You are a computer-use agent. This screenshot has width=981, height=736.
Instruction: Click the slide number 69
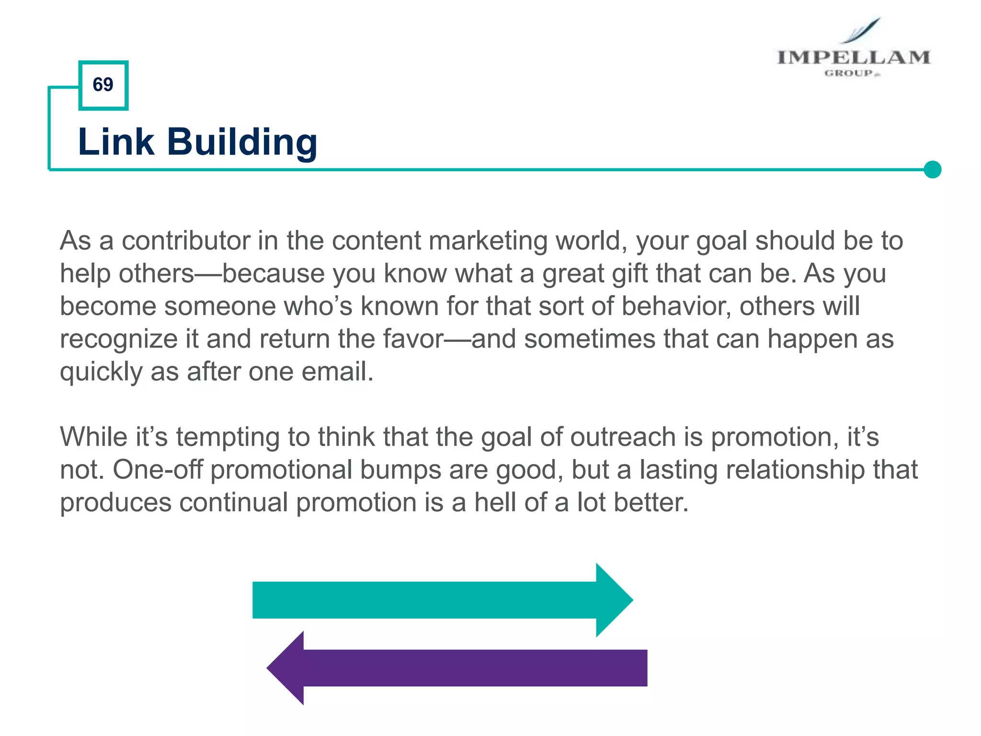click(103, 85)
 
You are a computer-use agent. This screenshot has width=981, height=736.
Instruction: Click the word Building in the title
click(242, 142)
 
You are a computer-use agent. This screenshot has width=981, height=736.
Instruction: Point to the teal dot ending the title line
click(932, 169)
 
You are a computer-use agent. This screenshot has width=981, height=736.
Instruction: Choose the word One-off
click(158, 470)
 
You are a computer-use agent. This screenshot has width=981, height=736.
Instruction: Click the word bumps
click(400, 470)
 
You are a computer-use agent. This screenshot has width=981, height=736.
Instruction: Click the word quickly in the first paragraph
click(101, 372)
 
